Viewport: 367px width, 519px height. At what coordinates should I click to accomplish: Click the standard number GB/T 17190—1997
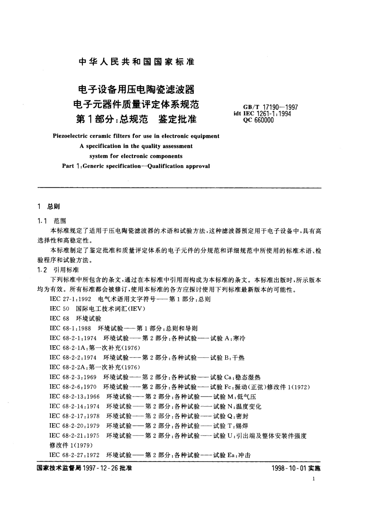pyautogui.click(x=270, y=107)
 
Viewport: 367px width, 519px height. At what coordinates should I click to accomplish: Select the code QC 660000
pyautogui.click(x=258, y=120)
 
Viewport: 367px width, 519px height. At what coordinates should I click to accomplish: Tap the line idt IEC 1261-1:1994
pyautogui.click(x=263, y=114)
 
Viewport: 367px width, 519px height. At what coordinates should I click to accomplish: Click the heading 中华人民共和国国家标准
pyautogui.click(x=137, y=62)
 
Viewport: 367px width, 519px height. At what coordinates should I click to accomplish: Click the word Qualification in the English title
pyautogui.click(x=165, y=166)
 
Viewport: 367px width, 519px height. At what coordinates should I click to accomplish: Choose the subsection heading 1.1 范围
pyautogui.click(x=51, y=221)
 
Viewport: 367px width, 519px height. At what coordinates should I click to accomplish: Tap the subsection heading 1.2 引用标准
pyautogui.click(x=58, y=270)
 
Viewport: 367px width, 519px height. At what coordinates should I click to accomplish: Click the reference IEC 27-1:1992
pyautogui.click(x=70, y=299)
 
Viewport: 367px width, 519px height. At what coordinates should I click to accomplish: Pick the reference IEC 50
pyautogui.click(x=59, y=309)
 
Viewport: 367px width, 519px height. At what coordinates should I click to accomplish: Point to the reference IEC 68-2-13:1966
pyautogui.click(x=74, y=397)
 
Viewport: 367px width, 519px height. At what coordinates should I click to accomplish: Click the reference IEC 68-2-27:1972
pyautogui.click(x=74, y=455)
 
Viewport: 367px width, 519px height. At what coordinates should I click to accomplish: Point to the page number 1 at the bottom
pyautogui.click(x=314, y=479)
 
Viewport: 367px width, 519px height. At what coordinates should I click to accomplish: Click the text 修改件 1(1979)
pyautogui.click(x=71, y=445)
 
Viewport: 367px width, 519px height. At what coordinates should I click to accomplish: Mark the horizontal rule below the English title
pyautogui.click(x=179, y=187)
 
